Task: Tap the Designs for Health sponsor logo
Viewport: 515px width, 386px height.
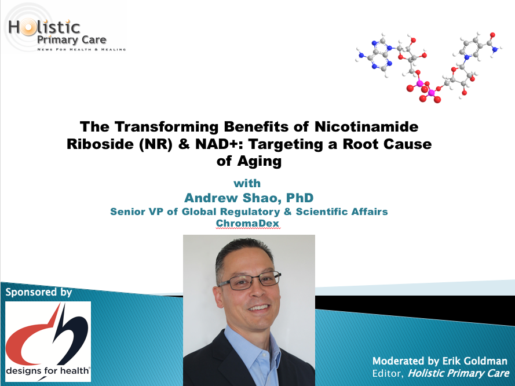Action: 48,341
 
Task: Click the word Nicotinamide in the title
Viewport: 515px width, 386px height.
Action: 367,127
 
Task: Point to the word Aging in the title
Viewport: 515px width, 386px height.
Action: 260,162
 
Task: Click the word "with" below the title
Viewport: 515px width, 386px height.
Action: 247,183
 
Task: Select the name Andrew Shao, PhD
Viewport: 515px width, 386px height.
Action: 249,198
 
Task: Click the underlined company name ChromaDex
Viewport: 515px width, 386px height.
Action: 247,223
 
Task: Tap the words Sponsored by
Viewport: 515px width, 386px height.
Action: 39,292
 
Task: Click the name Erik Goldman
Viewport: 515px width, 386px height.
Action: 474,361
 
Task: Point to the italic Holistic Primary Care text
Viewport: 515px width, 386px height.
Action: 458,373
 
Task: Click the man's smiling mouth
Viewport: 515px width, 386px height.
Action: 259,308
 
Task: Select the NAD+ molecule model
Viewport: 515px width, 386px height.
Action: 429,67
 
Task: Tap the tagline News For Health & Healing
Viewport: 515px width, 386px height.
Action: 82,49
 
